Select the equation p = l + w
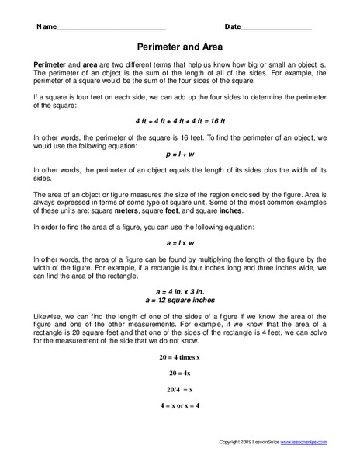179,154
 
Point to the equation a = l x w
179,242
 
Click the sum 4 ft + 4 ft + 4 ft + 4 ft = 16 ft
179,121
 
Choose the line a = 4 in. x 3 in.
179,290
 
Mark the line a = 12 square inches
179,299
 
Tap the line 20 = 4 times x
179,357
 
